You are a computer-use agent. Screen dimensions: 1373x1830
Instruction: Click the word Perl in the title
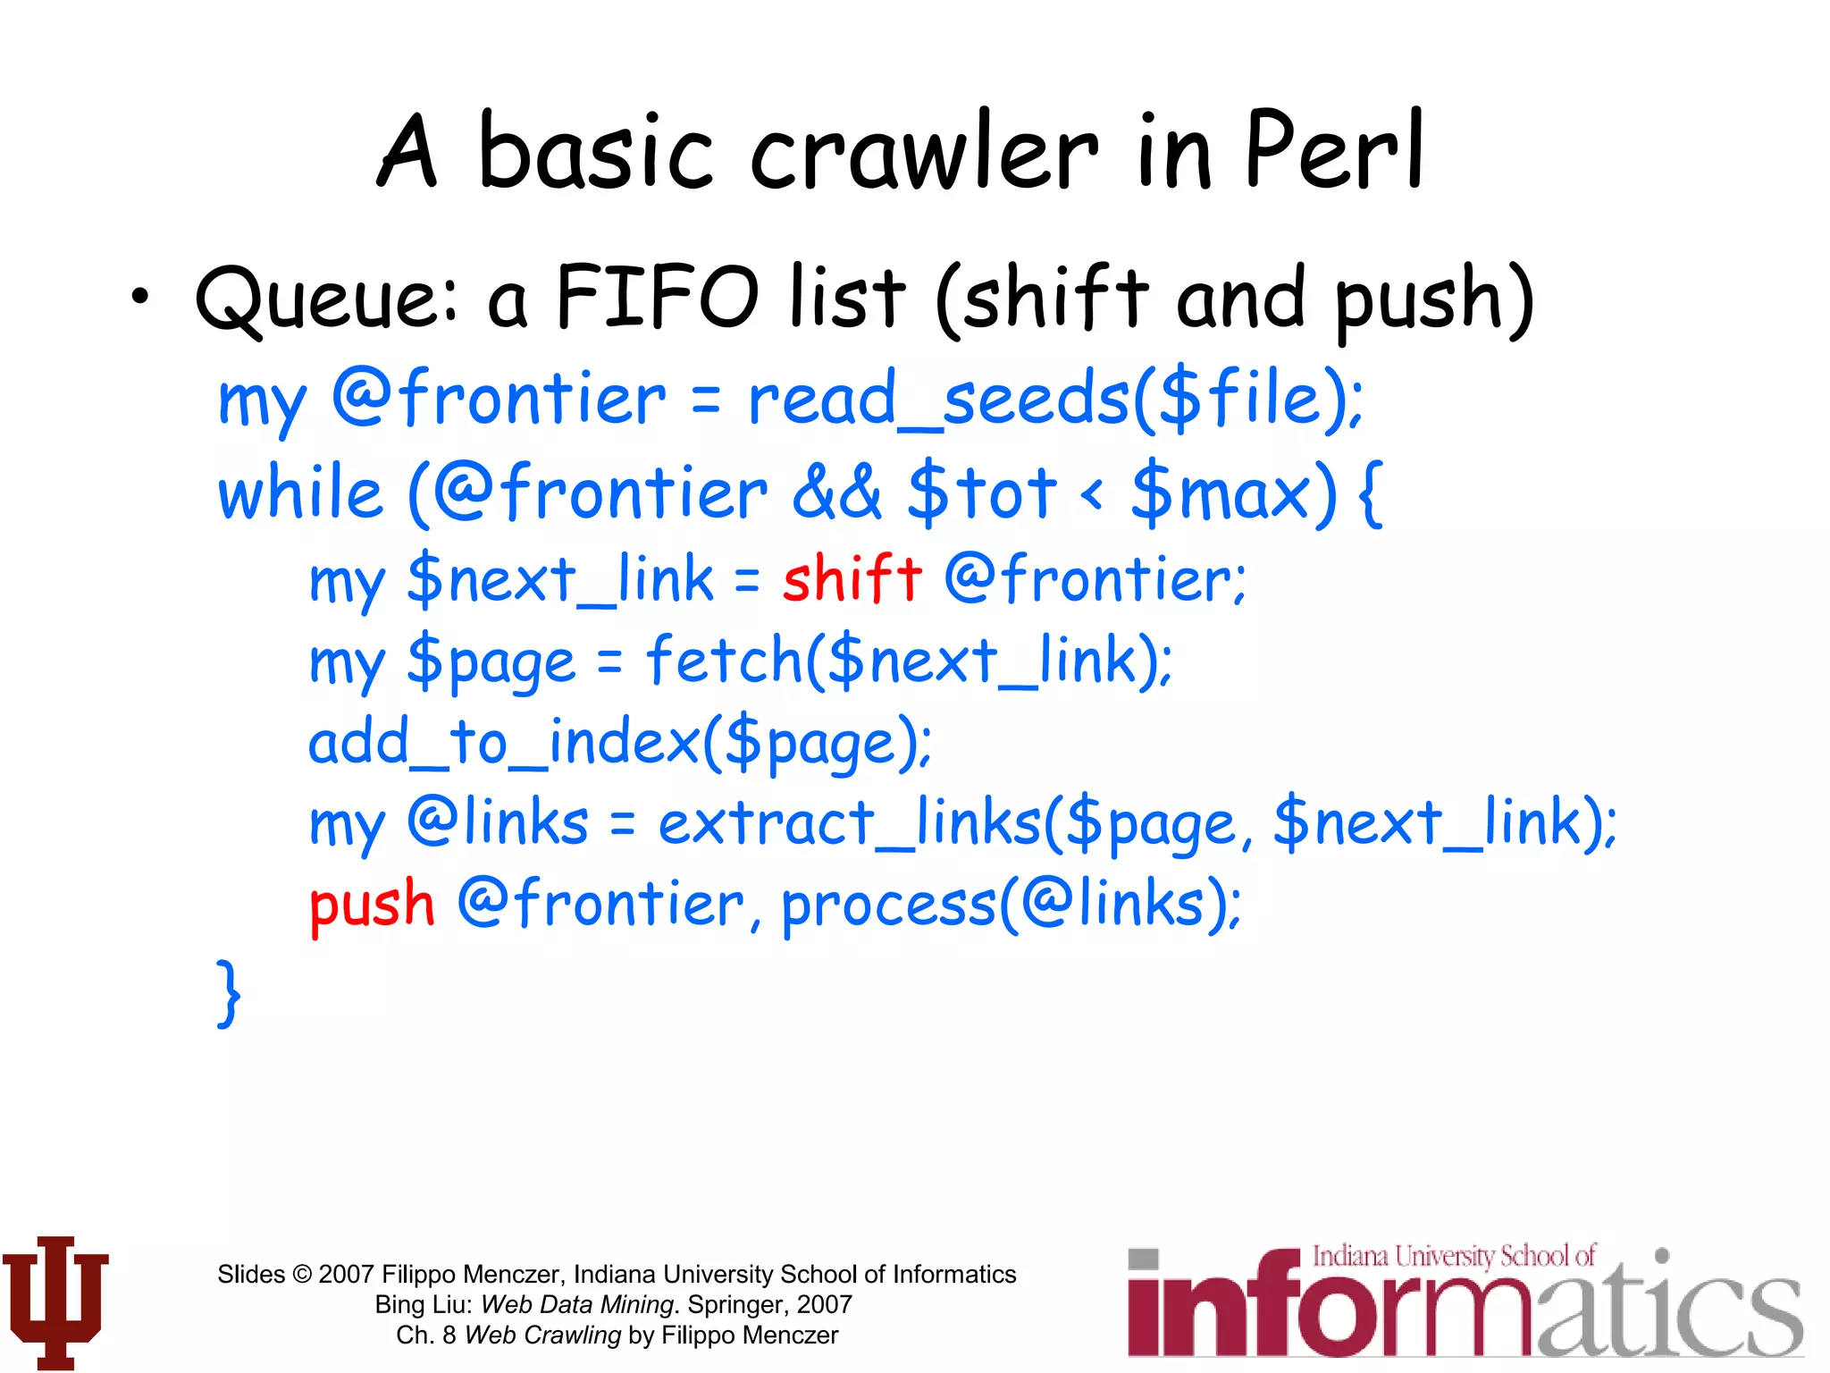pyautogui.click(x=1333, y=152)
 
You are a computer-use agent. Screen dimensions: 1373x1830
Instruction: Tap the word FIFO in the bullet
pyautogui.click(x=658, y=297)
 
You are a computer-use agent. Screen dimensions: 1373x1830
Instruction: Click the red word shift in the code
pyautogui.click(x=852, y=578)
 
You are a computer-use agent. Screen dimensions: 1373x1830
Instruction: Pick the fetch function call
pyautogui.click(x=724, y=661)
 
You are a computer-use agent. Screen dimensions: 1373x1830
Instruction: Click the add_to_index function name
pyautogui.click(x=504, y=742)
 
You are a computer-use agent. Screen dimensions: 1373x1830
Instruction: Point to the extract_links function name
pyautogui.click(x=849, y=823)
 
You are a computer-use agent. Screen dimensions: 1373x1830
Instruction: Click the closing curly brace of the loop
pyautogui.click(x=229, y=992)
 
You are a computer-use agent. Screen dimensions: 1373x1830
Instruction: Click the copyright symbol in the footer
pyautogui.click(x=303, y=1275)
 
